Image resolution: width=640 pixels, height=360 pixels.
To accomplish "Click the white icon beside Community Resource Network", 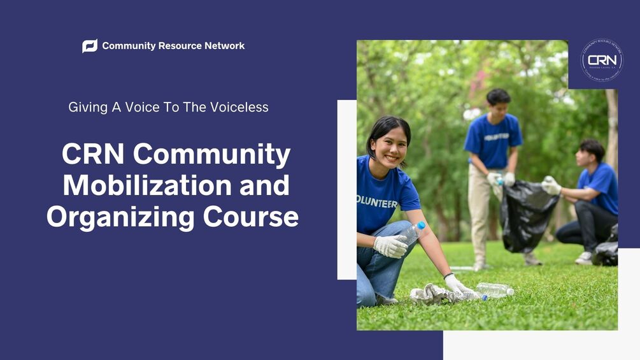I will tap(90, 46).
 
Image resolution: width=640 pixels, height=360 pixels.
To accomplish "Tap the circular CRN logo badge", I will tap(602, 61).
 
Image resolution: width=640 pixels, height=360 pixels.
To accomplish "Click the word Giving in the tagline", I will tap(88, 107).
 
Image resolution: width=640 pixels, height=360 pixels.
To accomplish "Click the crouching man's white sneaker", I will tap(584, 258).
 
